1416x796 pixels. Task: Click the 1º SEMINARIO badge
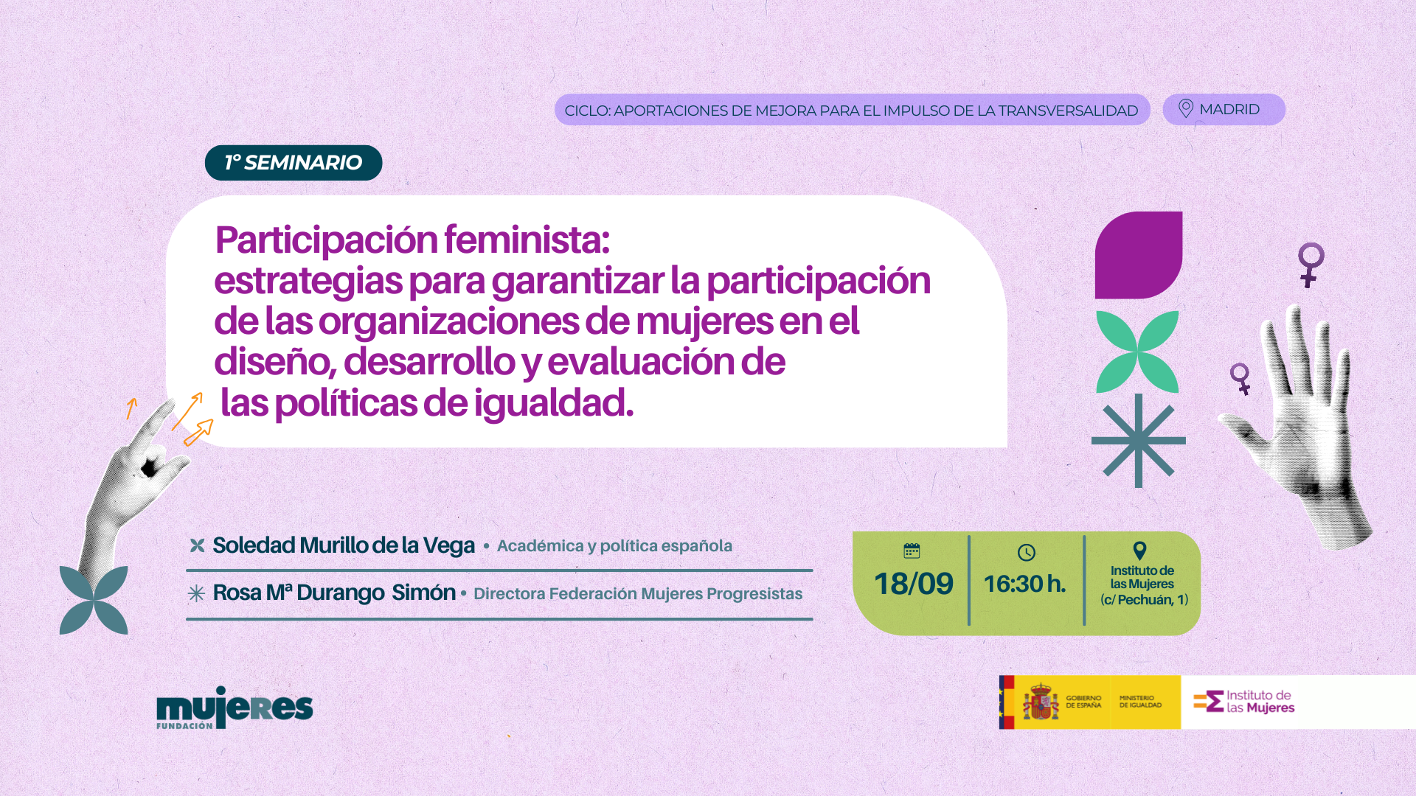[x=294, y=163]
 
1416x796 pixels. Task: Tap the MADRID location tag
[x=1224, y=109]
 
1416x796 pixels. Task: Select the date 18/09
[x=914, y=584]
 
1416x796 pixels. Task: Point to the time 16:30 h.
[x=1025, y=584]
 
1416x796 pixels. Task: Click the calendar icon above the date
[x=912, y=551]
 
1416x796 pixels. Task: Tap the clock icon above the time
[x=1027, y=552]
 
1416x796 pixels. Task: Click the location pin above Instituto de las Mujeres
[x=1139, y=551]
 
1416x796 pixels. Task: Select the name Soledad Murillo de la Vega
[x=344, y=545]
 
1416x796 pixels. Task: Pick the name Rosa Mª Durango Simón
[x=334, y=593]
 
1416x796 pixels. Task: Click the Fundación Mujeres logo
[x=235, y=708]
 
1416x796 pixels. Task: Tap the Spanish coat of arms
[x=1041, y=701]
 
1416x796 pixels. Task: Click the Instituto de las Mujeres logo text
[x=1260, y=701]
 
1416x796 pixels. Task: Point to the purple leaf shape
[x=1139, y=255]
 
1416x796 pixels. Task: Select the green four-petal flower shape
[x=1137, y=352]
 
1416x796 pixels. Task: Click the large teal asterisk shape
[x=1139, y=441]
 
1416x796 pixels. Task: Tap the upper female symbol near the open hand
[x=1311, y=265]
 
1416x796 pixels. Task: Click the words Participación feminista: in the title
[x=412, y=240]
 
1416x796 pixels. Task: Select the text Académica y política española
[x=614, y=546]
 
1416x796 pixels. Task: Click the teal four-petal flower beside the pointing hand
[x=94, y=600]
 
